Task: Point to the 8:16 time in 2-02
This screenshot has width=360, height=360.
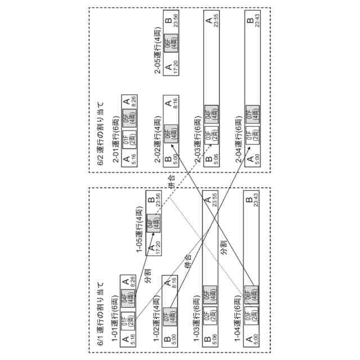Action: (175, 104)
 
